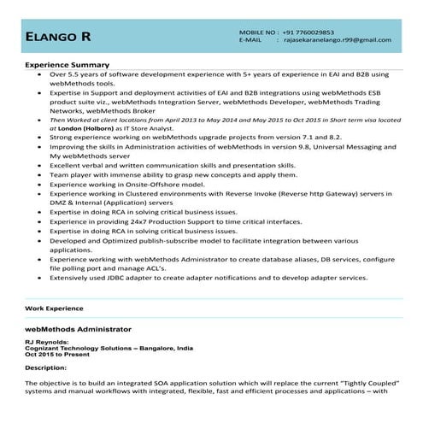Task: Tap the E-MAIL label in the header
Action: [250, 40]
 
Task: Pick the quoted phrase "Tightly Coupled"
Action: [361, 383]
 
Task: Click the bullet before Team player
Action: [40, 174]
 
